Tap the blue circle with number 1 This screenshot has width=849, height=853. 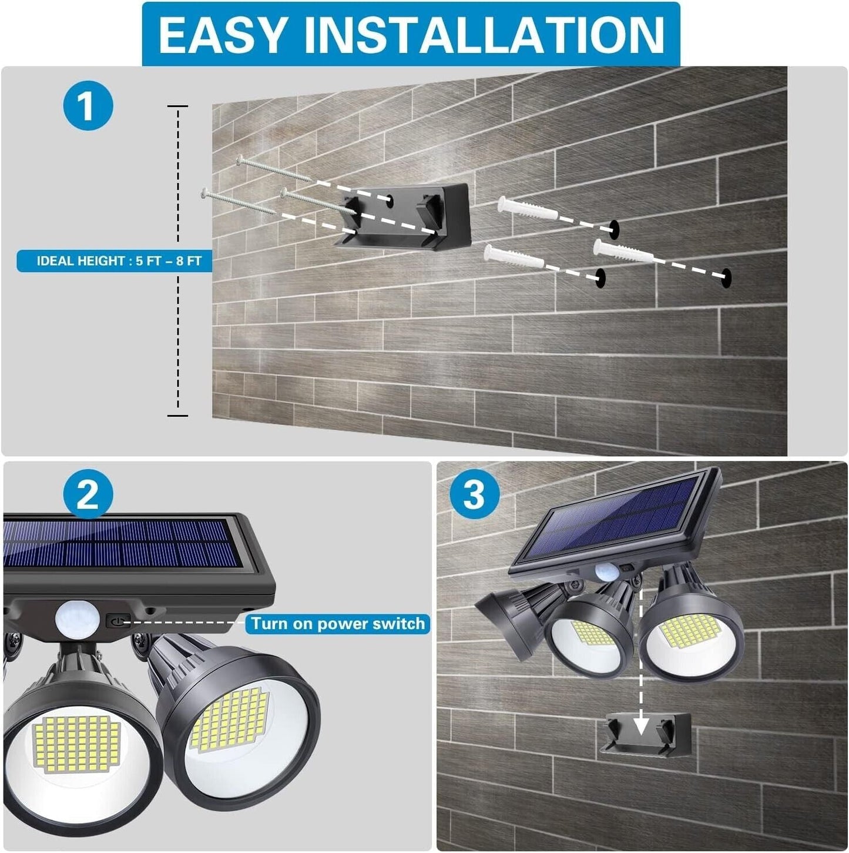pyautogui.click(x=88, y=107)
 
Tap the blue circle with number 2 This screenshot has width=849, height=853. pyautogui.click(x=88, y=495)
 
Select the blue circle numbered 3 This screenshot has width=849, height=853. pyautogui.click(x=474, y=495)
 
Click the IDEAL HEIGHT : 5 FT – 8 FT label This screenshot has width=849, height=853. pyautogui.click(x=115, y=260)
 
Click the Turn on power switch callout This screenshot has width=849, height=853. pyautogui.click(x=338, y=623)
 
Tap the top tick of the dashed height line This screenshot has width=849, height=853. pyautogui.click(x=177, y=106)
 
